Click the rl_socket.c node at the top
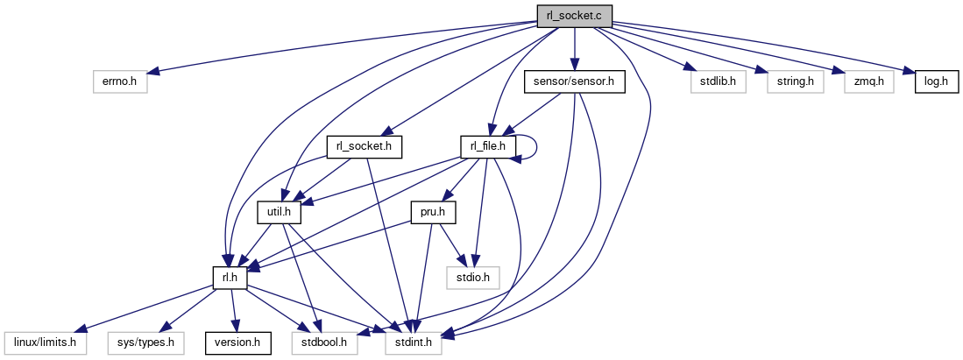(x=574, y=15)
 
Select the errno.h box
(x=120, y=82)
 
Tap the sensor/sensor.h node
(x=573, y=82)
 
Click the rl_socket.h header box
(x=364, y=146)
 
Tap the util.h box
(x=279, y=211)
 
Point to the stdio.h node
(x=473, y=278)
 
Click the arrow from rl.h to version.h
(x=232, y=311)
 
